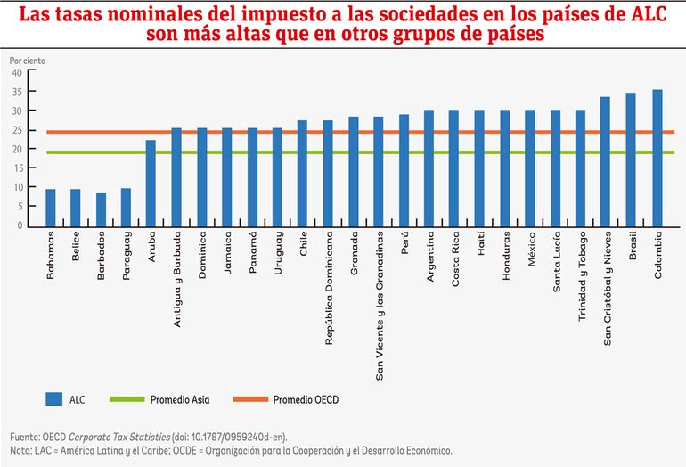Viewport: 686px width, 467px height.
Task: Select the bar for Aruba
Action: tap(151, 183)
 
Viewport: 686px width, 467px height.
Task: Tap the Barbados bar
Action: tap(101, 209)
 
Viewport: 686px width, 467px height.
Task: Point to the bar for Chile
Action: tap(303, 173)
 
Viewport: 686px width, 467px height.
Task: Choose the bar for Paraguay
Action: tap(126, 207)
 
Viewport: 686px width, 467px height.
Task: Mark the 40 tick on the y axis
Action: tap(17, 72)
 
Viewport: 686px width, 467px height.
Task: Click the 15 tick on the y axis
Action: tap(17, 168)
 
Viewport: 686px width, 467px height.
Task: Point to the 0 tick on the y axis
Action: tap(20, 225)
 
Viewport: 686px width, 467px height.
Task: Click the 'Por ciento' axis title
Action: tap(27, 60)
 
